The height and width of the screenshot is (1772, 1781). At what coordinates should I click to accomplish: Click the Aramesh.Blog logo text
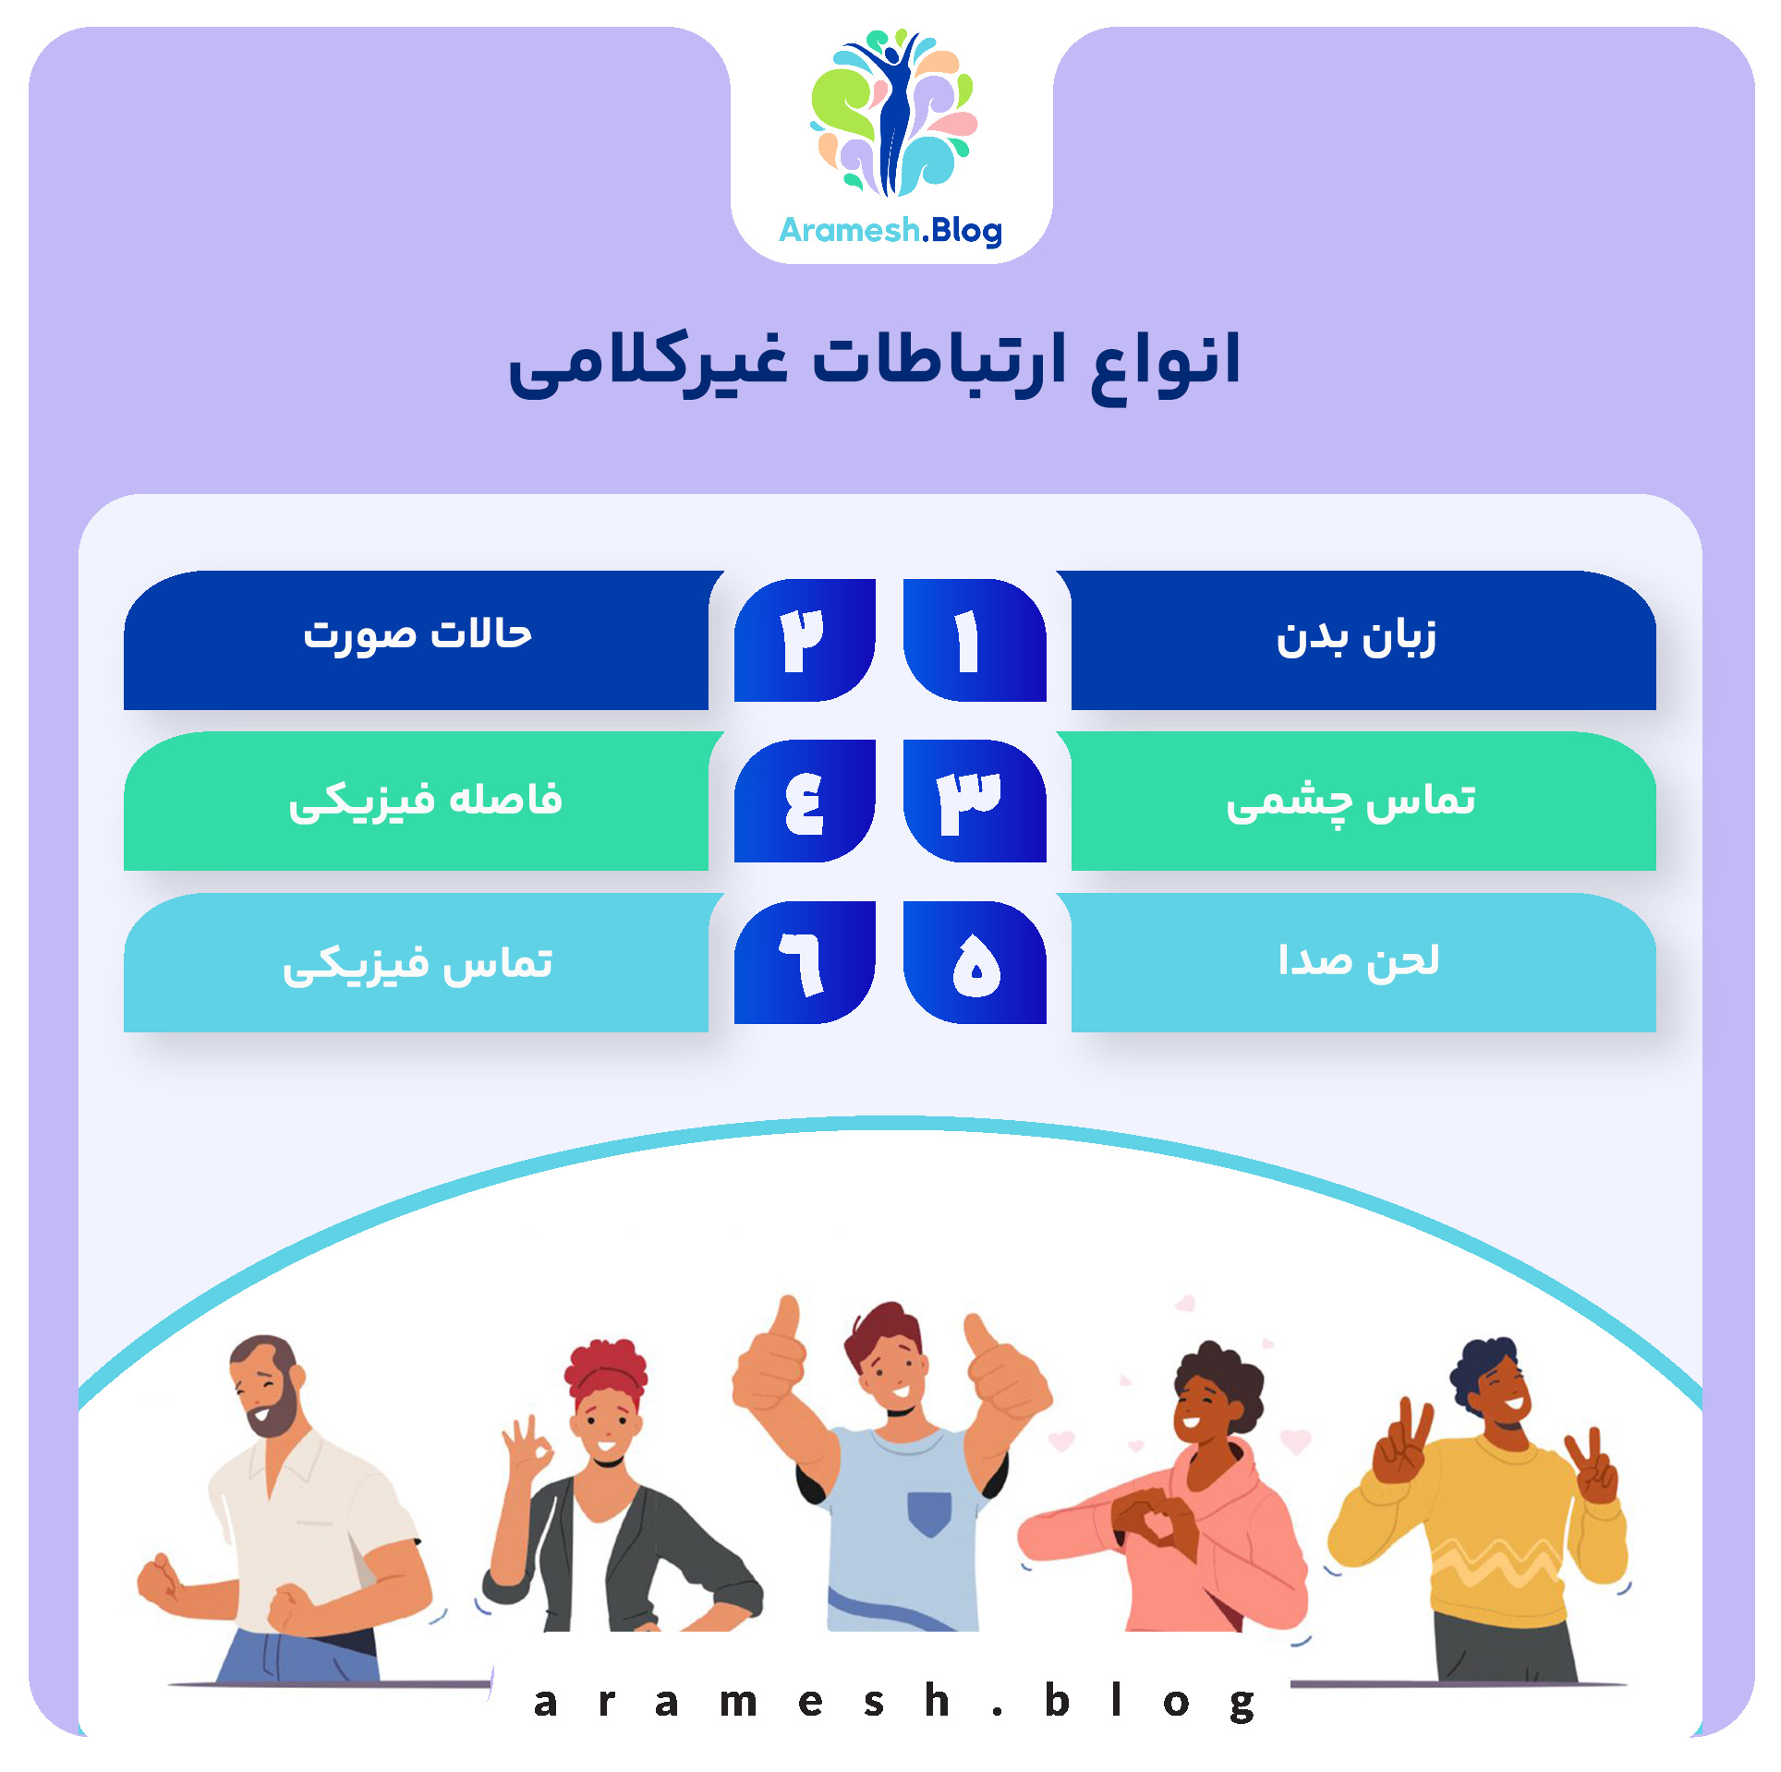pos(890,230)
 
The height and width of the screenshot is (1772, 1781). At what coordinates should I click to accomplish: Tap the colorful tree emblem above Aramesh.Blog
pos(892,112)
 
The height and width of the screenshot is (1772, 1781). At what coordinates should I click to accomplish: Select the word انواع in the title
pos(1165,361)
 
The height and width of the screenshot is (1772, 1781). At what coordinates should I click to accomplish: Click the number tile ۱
pos(975,640)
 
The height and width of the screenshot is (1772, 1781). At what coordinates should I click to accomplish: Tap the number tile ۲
pos(804,640)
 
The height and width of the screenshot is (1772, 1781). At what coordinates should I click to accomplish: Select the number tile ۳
pos(975,801)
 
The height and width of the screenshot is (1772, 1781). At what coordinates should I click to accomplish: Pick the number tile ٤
pos(804,801)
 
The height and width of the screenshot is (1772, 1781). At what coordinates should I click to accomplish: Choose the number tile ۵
pos(975,962)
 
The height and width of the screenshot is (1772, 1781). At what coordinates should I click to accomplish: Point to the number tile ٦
pos(804,962)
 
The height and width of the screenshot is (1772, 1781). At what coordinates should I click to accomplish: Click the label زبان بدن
pos(1356,639)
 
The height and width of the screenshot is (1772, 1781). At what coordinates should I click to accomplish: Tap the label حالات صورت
pos(418,635)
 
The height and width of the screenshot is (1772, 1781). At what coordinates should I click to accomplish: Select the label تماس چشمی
pos(1351,801)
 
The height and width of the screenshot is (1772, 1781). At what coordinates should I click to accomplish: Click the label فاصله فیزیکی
pos(425,801)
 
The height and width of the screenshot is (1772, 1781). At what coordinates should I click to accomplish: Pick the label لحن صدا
pos(1358,961)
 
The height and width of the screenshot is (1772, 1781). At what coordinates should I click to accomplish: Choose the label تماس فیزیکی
pos(418,964)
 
